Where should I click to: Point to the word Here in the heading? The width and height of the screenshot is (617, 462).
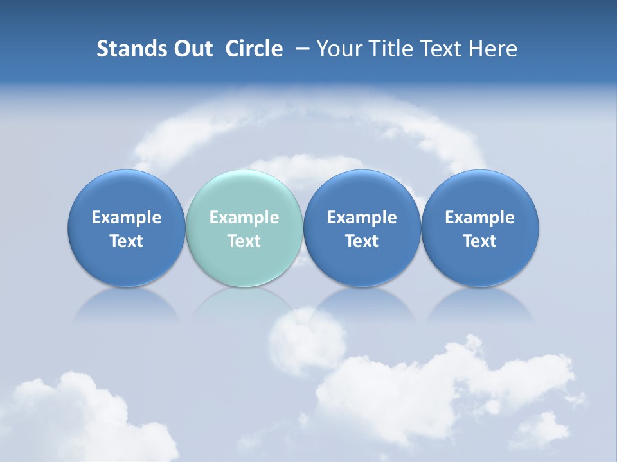(494, 49)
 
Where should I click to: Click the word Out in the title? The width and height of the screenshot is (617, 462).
(192, 49)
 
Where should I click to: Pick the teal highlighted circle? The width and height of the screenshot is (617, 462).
(244, 228)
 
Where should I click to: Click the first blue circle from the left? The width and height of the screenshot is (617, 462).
(126, 228)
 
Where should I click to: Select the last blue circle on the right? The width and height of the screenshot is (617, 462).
(480, 228)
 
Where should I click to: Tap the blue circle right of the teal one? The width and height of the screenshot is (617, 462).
(362, 228)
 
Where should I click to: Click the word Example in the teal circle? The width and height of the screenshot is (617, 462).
(244, 218)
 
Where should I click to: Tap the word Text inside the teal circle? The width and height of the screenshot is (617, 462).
(244, 241)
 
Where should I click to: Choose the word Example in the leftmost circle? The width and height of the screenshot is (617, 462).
(126, 218)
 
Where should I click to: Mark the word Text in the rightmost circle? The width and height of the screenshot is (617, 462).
(480, 241)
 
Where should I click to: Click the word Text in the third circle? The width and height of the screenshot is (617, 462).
(362, 241)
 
